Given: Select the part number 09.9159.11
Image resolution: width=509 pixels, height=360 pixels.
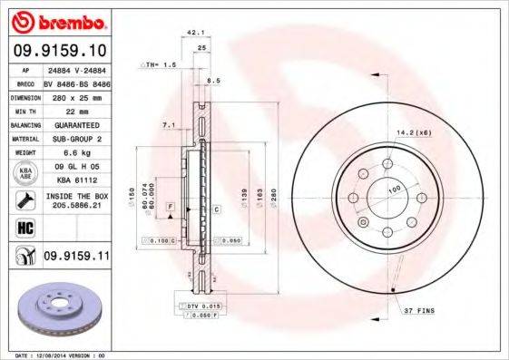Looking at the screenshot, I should pyautogui.click(x=75, y=257).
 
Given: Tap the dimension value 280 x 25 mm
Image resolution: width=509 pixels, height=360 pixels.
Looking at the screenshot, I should pyautogui.click(x=75, y=96).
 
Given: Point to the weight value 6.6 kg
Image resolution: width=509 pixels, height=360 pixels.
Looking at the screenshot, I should pyautogui.click(x=75, y=153).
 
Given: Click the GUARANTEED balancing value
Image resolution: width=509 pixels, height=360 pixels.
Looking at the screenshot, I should pyautogui.click(x=75, y=124).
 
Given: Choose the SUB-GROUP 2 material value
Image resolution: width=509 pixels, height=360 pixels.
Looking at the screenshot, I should pyautogui.click(x=75, y=139).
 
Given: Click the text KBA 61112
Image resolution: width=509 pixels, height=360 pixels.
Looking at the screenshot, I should pyautogui.click(x=75, y=180).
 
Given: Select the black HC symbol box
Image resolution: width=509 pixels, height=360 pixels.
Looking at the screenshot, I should pyautogui.click(x=25, y=227).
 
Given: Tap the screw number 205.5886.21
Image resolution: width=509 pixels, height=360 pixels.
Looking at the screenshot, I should pyautogui.click(x=75, y=206).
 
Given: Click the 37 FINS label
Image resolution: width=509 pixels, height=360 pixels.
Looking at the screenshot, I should pyautogui.click(x=418, y=311).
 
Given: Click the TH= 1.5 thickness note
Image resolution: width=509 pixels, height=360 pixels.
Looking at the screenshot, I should pyautogui.click(x=163, y=65).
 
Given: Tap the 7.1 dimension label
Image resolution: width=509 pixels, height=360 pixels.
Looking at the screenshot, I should pyautogui.click(x=168, y=124).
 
